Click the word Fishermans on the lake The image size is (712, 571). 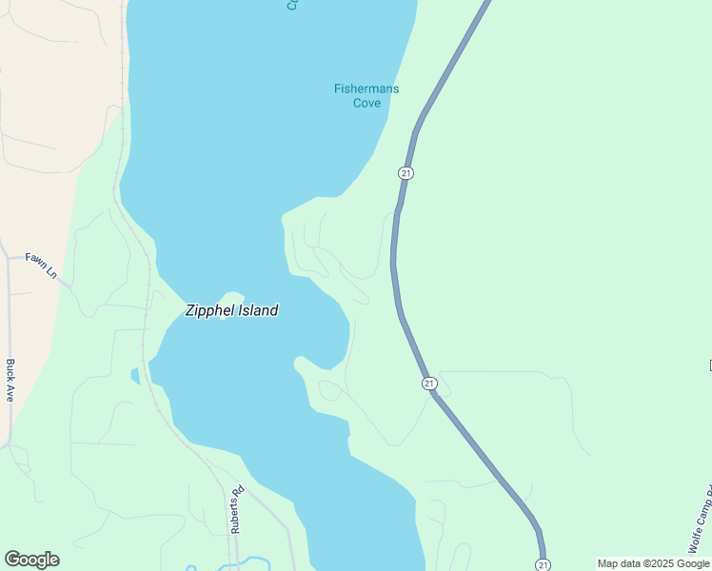point(366,89)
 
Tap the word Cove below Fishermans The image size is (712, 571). point(366,103)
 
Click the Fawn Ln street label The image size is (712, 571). point(42,265)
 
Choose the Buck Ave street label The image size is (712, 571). point(10,380)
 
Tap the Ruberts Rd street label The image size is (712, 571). point(237,510)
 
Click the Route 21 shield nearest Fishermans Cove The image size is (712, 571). point(406,172)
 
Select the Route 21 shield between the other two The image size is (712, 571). point(429,383)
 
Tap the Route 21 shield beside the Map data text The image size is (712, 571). point(543,564)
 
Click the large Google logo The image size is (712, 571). point(31,560)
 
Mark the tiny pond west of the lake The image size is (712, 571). point(135,375)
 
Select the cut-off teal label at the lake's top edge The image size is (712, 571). point(292,5)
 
